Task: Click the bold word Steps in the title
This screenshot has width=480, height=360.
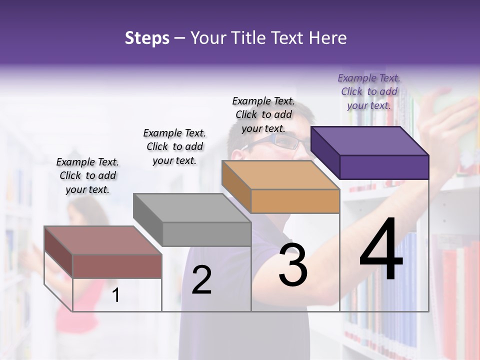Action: pyautogui.click(x=147, y=38)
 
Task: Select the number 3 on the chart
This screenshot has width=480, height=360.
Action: pyautogui.click(x=293, y=265)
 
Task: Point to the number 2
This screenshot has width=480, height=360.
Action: pyautogui.click(x=201, y=280)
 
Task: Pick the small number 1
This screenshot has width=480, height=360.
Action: pyautogui.click(x=115, y=295)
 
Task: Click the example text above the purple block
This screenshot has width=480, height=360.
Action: pyautogui.click(x=369, y=91)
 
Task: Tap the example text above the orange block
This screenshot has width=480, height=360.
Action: pyautogui.click(x=263, y=114)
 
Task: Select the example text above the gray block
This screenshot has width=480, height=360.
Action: pyautogui.click(x=174, y=146)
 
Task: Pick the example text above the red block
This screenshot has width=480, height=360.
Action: pyautogui.click(x=87, y=175)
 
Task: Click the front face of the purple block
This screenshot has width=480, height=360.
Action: pyautogui.click(x=384, y=167)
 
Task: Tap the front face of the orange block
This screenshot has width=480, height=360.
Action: pyautogui.click(x=295, y=201)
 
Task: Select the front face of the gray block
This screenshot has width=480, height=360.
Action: pyautogui.click(x=206, y=234)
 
